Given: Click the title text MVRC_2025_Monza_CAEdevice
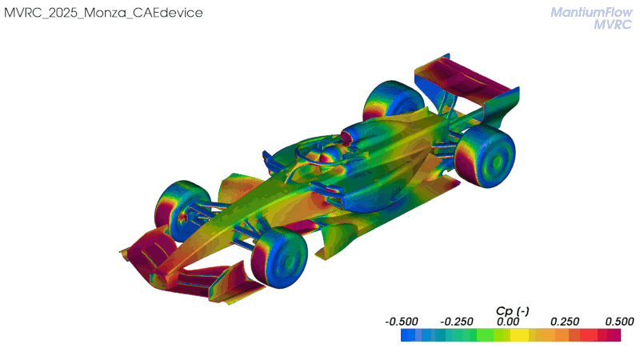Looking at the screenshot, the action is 103,13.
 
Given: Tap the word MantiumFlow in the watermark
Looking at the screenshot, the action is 591,12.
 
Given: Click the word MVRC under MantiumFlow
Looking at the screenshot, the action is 613,25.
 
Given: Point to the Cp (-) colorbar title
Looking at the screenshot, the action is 512,311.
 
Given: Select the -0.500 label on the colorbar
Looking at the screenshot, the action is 402,322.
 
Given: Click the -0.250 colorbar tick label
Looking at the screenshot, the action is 457,322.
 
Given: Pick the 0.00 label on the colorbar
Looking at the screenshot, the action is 508,322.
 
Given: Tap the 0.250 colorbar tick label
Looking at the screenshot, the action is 565,322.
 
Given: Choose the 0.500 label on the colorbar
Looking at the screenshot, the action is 619,322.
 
